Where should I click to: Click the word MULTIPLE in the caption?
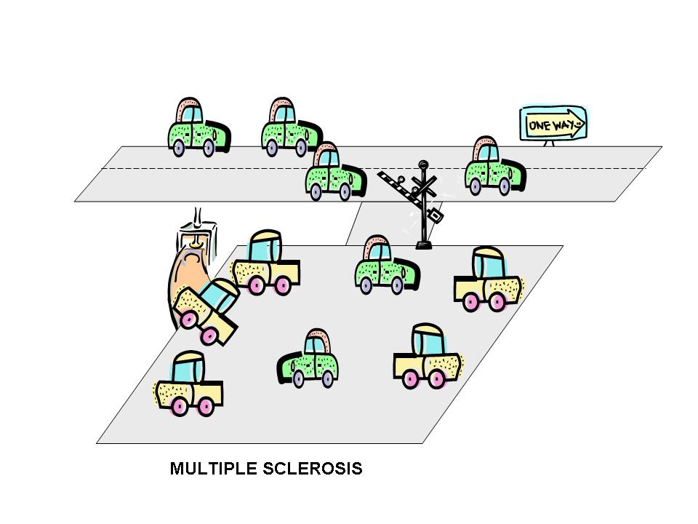tap(212, 469)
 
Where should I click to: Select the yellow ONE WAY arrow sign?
tap(553, 124)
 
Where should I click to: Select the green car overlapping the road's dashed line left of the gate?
tap(333, 172)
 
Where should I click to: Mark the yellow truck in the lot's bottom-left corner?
tap(188, 386)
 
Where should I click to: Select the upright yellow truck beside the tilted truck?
tap(266, 264)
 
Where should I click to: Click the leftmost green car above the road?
tap(198, 129)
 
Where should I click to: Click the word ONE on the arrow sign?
tap(539, 125)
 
